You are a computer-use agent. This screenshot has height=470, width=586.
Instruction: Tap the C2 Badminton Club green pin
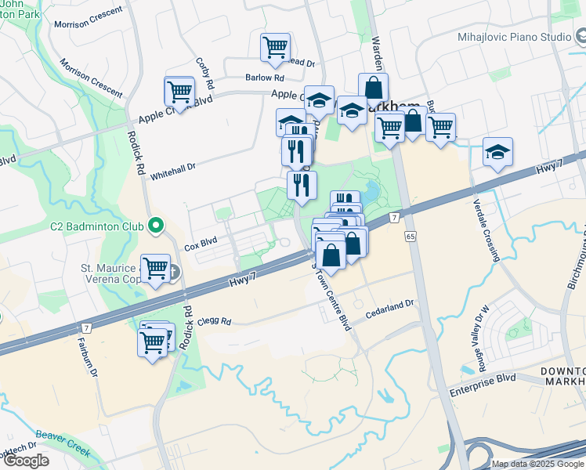(155, 227)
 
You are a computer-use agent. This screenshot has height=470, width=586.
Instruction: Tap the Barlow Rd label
(264, 78)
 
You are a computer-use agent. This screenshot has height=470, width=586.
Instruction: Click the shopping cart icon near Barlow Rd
(275, 47)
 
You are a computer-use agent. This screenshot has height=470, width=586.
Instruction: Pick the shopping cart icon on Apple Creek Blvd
(179, 92)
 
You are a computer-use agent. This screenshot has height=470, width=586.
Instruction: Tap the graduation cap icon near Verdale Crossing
(497, 152)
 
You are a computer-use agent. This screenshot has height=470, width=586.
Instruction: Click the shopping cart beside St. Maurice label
(155, 269)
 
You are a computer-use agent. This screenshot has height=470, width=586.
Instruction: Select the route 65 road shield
(411, 236)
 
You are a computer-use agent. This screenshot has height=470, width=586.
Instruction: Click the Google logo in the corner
(27, 461)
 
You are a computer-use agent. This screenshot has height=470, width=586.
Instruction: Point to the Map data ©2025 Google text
(537, 464)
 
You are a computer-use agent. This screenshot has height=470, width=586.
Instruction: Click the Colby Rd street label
(206, 73)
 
